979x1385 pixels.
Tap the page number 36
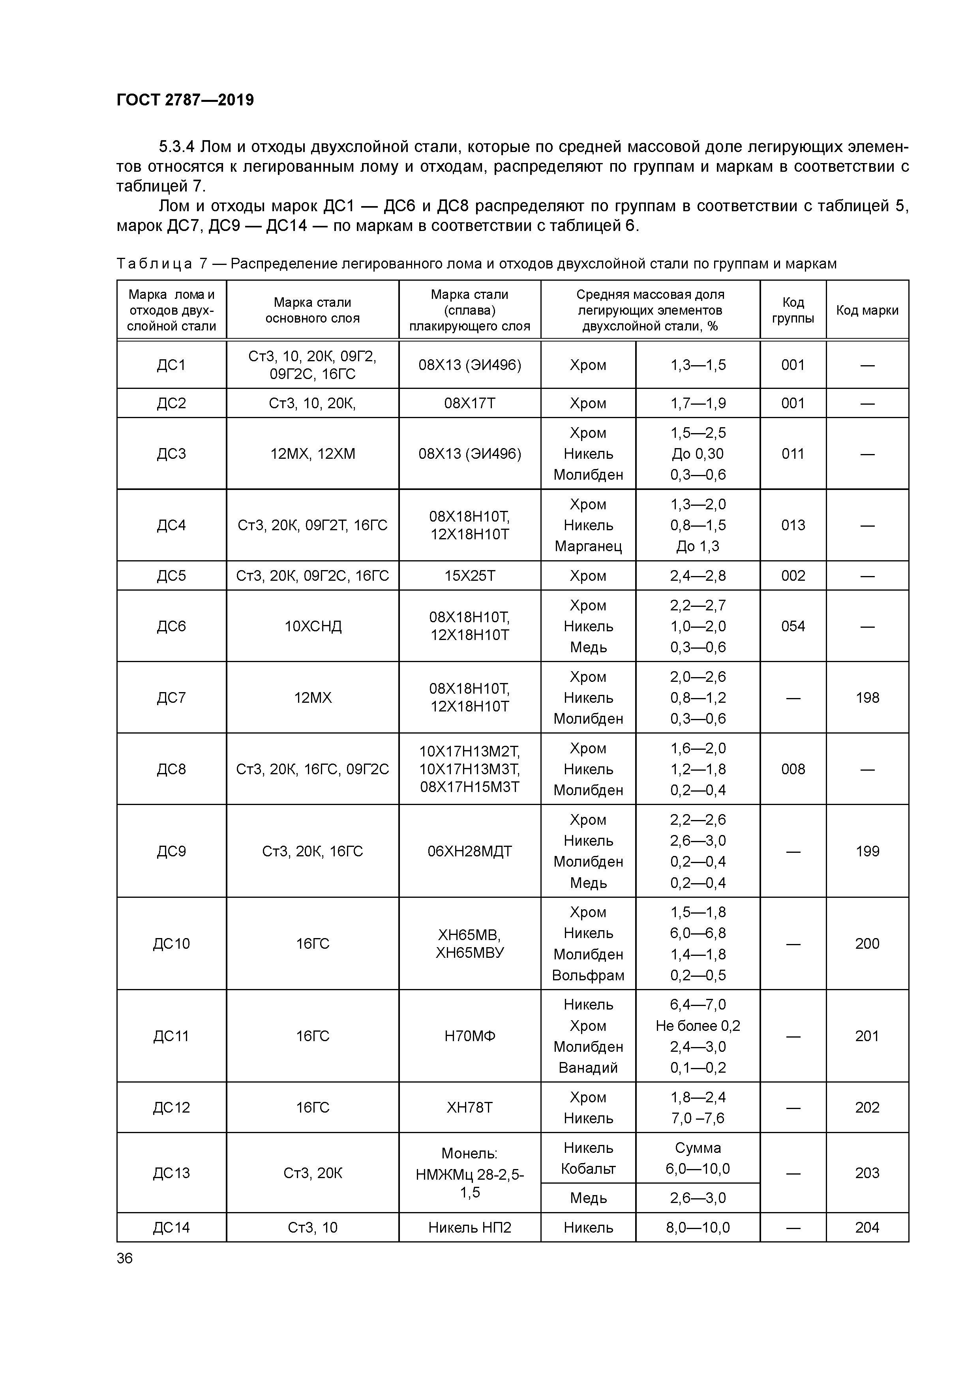(x=125, y=1258)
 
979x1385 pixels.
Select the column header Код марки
(x=867, y=310)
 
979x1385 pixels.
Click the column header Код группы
(x=793, y=310)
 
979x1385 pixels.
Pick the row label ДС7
(x=171, y=697)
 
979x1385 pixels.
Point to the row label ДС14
(x=171, y=1227)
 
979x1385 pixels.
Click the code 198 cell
(x=867, y=697)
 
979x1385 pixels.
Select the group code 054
(x=793, y=626)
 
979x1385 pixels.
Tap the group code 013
(x=793, y=525)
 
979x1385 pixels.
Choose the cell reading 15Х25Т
(x=469, y=576)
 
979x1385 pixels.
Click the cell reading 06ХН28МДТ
(x=469, y=851)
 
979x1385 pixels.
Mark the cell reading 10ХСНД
(x=313, y=626)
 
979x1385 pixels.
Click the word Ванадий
(x=588, y=1068)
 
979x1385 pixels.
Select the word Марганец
(x=588, y=546)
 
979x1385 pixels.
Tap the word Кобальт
(x=588, y=1168)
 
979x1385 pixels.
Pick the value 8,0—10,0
(x=698, y=1227)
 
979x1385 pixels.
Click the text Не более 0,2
(x=698, y=1025)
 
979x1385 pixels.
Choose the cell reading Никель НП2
(x=469, y=1227)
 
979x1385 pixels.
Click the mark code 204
(x=867, y=1227)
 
